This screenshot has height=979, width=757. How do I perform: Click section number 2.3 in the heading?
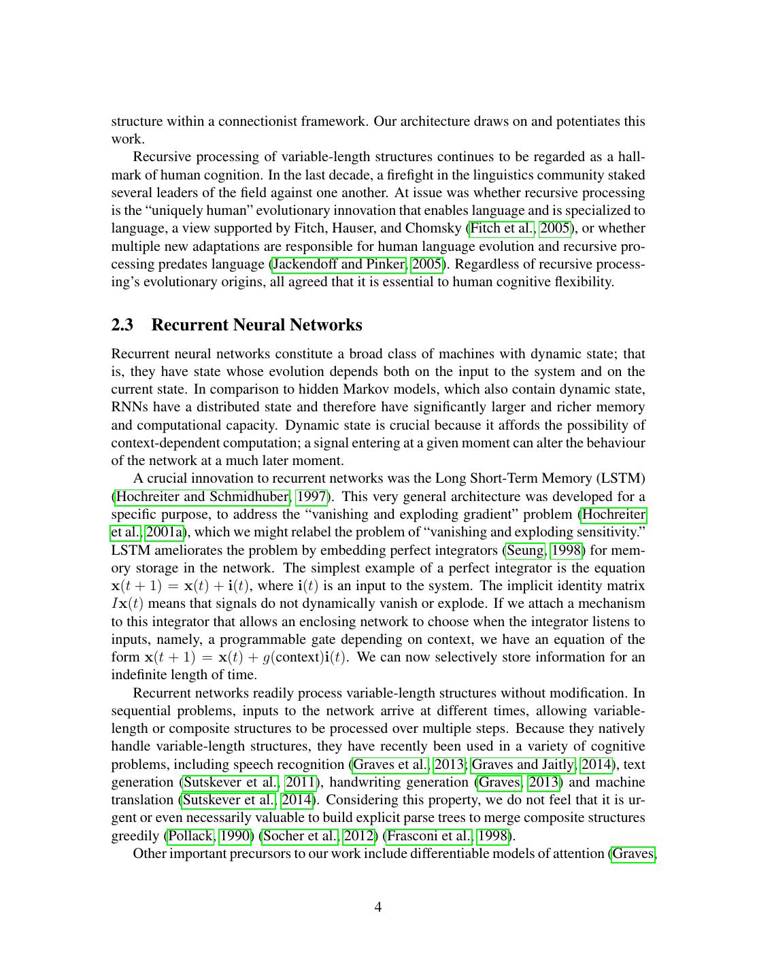click(122, 325)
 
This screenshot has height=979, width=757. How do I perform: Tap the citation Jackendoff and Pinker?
click(339, 264)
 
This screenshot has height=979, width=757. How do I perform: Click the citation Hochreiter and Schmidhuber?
click(203, 497)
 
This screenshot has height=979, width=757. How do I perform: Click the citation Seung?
click(525, 550)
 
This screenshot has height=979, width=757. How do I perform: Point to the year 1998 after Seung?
click(567, 550)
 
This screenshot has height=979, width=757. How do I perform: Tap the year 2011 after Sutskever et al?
click(299, 782)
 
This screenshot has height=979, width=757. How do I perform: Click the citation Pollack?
click(190, 836)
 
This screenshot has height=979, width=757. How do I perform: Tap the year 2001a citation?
click(165, 532)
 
